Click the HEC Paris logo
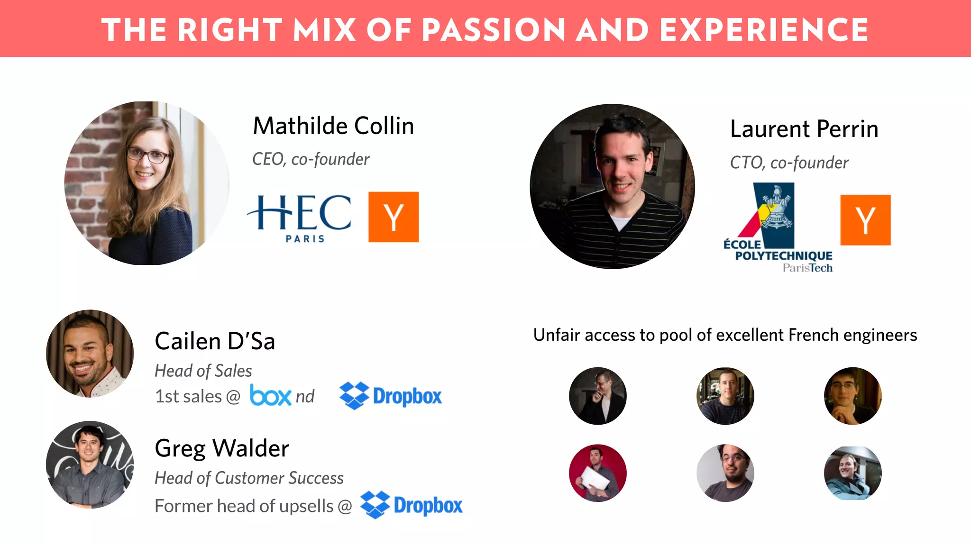300,218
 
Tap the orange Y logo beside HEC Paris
394,217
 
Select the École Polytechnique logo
778,227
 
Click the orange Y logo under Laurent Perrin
865,220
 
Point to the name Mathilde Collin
333,126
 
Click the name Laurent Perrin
804,129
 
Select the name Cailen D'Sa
215,341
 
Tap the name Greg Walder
222,448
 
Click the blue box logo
270,395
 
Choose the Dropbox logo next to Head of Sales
391,396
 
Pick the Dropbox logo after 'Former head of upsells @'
411,505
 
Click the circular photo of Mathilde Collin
147,183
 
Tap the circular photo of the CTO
612,186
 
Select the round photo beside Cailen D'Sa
90,354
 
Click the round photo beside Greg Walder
90,464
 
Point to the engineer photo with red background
597,473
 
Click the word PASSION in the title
494,30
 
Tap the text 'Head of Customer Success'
249,478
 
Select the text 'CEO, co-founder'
311,159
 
